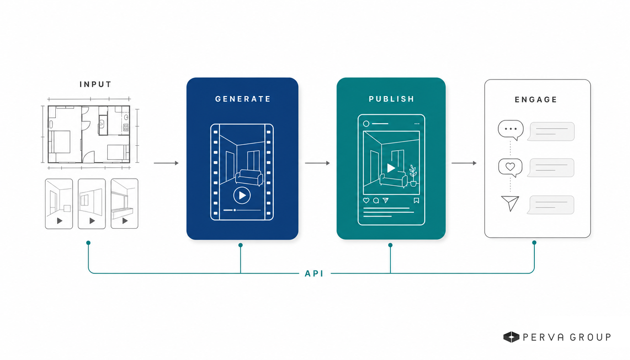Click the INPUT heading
pyautogui.click(x=96, y=84)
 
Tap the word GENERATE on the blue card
pyautogui.click(x=243, y=99)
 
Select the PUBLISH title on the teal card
pyautogui.click(x=391, y=99)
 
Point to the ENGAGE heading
pyautogui.click(x=536, y=99)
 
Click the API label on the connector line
pyautogui.click(x=314, y=273)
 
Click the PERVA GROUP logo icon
pyautogui.click(x=511, y=337)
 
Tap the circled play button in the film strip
pyautogui.click(x=242, y=195)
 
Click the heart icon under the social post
pyautogui.click(x=366, y=201)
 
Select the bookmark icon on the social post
pyautogui.click(x=416, y=201)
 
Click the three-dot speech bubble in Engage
pyautogui.click(x=511, y=129)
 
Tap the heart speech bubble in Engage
pyautogui.click(x=510, y=167)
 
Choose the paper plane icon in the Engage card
pyautogui.click(x=510, y=203)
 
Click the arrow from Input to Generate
pyautogui.click(x=166, y=163)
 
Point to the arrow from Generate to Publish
pyautogui.click(x=317, y=163)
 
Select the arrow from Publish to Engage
pyautogui.click(x=464, y=163)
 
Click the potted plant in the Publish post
pyautogui.click(x=413, y=175)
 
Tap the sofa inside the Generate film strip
pyautogui.click(x=249, y=178)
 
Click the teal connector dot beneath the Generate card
pyautogui.click(x=240, y=245)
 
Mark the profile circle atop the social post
pyautogui.click(x=366, y=123)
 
